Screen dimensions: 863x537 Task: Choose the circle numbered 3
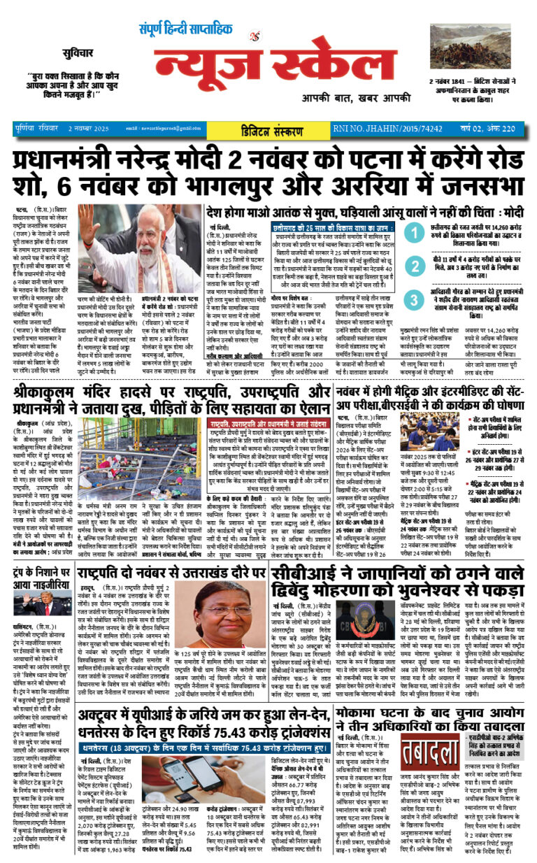point(415,300)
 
